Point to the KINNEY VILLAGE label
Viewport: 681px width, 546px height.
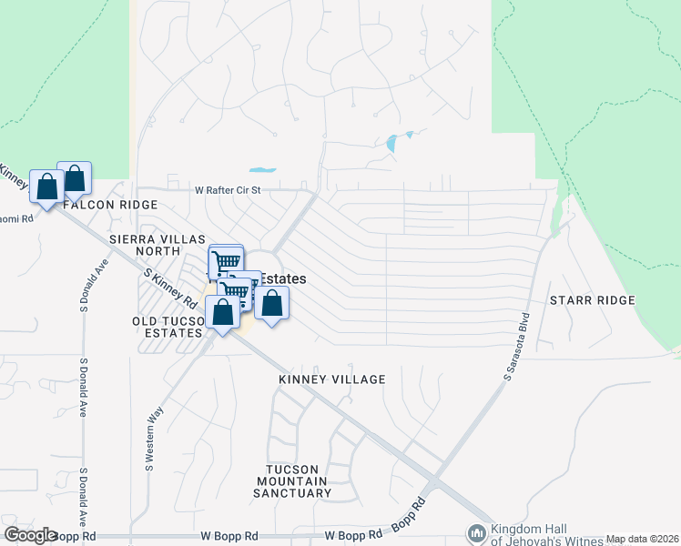(332, 379)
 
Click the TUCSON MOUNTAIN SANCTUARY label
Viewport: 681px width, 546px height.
(293, 480)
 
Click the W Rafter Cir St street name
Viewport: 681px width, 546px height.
(228, 190)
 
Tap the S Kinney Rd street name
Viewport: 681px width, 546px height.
(171, 287)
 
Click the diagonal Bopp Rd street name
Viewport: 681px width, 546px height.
(408, 515)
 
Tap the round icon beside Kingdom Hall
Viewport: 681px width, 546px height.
(475, 532)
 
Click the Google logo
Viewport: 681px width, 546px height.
(31, 535)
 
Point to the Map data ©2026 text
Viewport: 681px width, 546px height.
(642, 539)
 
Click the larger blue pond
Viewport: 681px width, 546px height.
(392, 143)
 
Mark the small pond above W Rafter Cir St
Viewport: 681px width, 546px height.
(261, 169)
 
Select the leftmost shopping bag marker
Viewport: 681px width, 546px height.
(46, 185)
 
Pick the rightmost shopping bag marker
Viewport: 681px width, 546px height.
(271, 303)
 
